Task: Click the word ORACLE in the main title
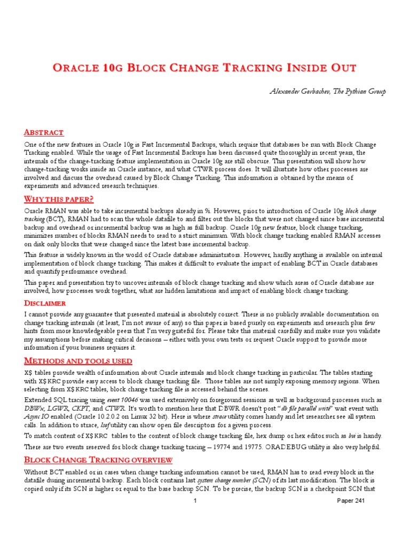coord(78,68)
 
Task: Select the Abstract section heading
coord(44,132)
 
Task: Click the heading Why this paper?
coord(59,199)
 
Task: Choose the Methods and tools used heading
coord(78,361)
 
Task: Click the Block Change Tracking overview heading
coord(98,460)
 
